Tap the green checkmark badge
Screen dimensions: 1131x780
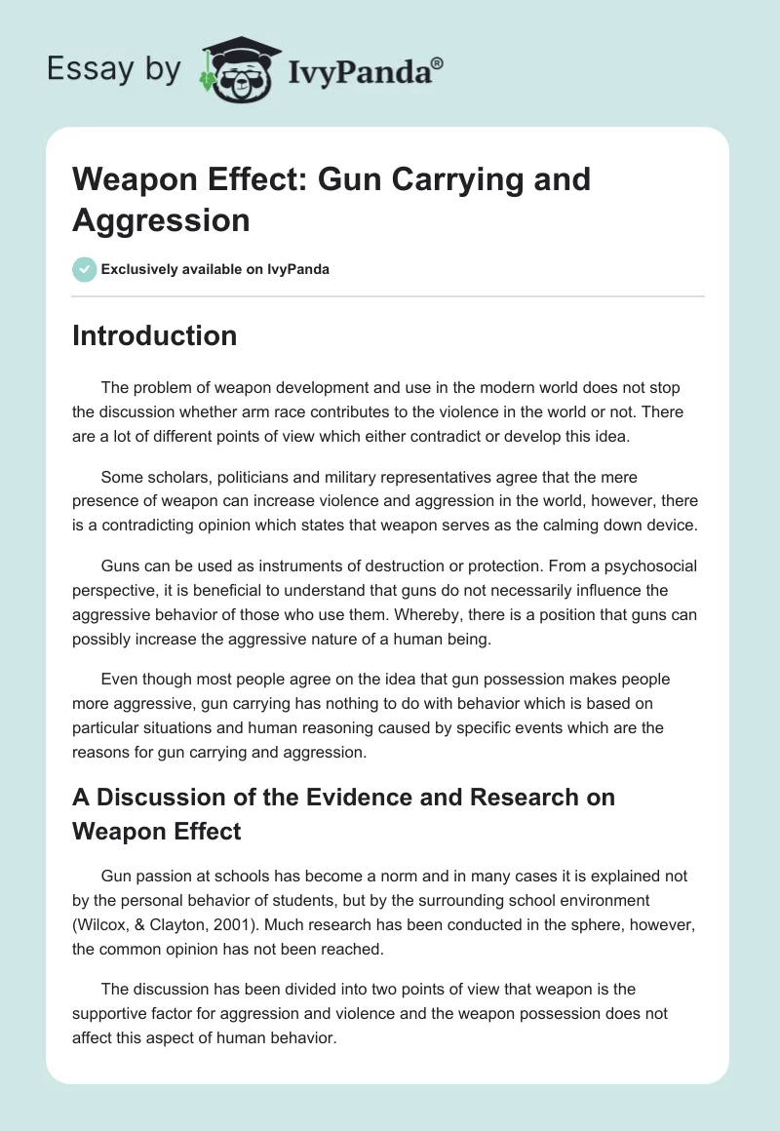click(85, 269)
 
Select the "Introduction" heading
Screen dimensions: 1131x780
click(154, 335)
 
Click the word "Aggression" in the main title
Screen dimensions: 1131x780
click(161, 219)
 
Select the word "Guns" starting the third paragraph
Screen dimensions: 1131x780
click(120, 565)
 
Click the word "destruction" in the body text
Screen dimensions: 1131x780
click(405, 565)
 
